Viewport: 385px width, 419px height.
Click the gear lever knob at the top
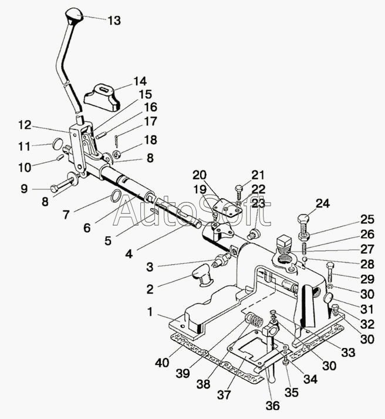pos(75,14)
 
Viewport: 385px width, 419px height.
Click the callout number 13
pos(114,20)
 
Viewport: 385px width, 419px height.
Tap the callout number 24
pos(323,204)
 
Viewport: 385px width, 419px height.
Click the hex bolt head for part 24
pos(304,221)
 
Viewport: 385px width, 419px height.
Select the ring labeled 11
pos(57,144)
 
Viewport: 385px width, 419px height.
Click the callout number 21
pos(258,175)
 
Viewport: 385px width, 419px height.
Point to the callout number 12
pos(25,125)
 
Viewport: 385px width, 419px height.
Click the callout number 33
pos(349,353)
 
